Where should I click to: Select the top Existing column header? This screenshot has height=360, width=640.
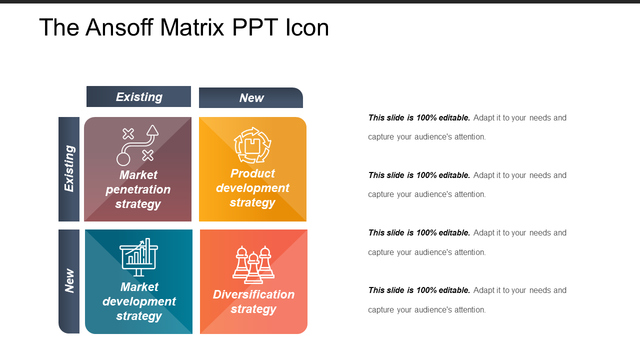coord(138,96)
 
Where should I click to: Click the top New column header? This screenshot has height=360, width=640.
coord(251,98)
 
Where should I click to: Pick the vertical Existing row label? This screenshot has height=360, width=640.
coord(69,168)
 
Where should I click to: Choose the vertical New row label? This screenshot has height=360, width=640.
coord(69,280)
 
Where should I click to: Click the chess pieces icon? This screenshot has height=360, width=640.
coord(253,264)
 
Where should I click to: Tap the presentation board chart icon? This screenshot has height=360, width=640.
coord(139,257)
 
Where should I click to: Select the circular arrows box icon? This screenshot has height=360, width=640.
coord(252,145)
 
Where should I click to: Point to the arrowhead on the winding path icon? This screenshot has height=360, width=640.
coord(152,130)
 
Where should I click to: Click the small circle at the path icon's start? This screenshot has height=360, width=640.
coord(123,159)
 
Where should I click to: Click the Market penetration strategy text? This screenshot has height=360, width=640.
coord(138,189)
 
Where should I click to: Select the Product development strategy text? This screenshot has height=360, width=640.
coord(252,188)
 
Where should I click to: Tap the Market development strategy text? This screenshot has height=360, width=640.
coord(139,301)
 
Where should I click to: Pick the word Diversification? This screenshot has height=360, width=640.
coord(253,294)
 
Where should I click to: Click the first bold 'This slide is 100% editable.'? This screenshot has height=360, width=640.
coord(419,118)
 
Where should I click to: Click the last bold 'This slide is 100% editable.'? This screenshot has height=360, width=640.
coord(419,290)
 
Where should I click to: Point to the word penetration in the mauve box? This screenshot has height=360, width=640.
coord(138,190)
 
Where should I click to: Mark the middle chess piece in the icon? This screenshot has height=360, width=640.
coord(253,268)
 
